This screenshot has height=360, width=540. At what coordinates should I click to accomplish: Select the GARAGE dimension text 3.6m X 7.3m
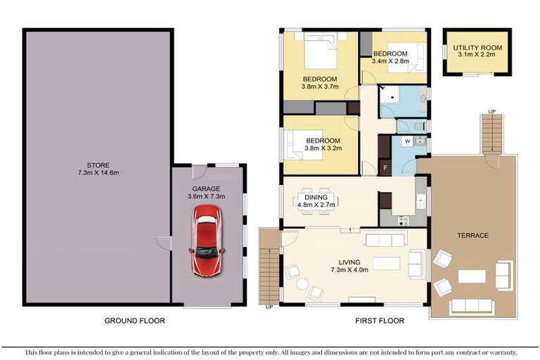206,198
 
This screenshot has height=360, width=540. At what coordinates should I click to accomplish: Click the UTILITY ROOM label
477,47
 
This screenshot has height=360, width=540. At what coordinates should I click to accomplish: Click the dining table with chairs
316,199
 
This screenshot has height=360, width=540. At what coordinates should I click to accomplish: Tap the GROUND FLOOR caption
134,321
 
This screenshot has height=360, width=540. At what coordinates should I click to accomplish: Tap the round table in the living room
302,283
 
